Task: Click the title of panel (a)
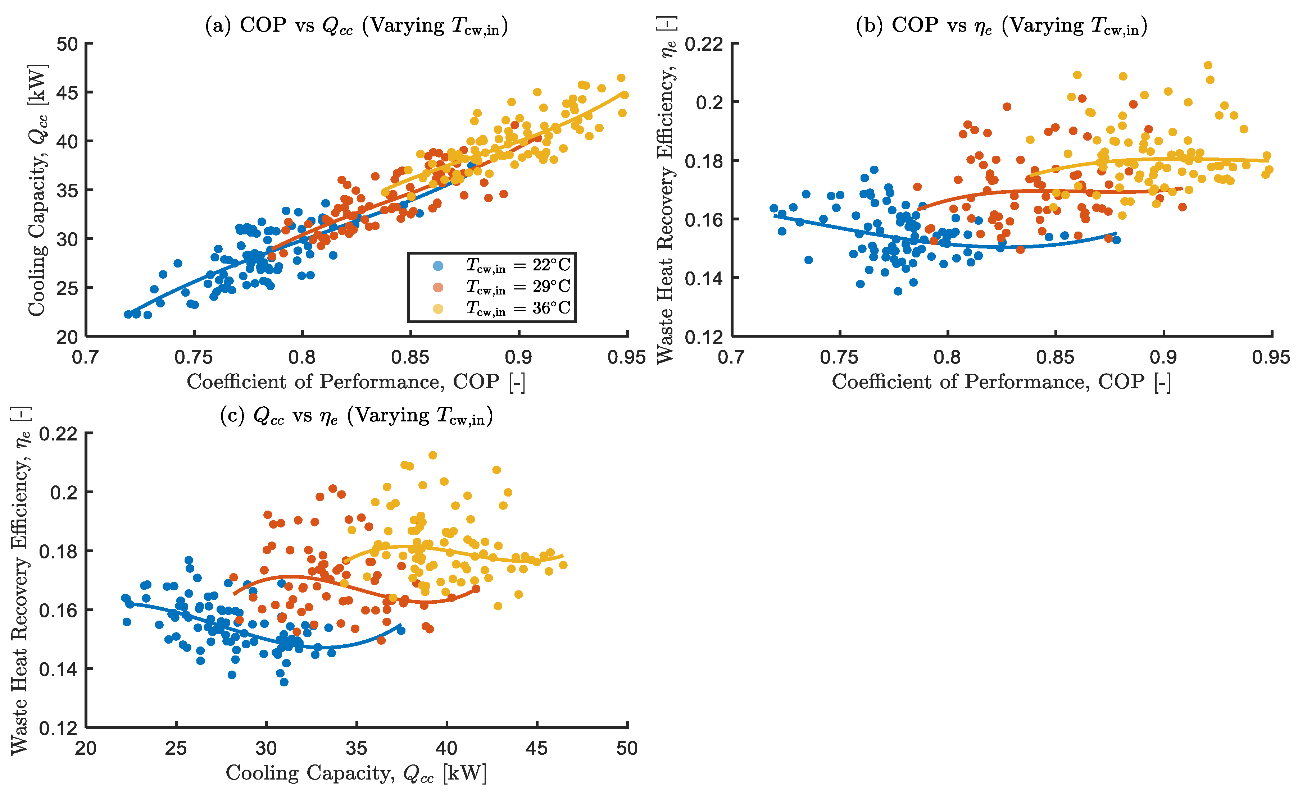357,25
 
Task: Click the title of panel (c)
357,416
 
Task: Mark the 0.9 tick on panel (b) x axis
1163,357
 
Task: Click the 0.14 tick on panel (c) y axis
58,669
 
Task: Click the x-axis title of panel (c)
357,773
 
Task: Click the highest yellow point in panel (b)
1208,65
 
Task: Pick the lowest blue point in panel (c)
284,682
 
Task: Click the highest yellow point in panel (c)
433,455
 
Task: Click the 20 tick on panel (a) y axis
67,337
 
